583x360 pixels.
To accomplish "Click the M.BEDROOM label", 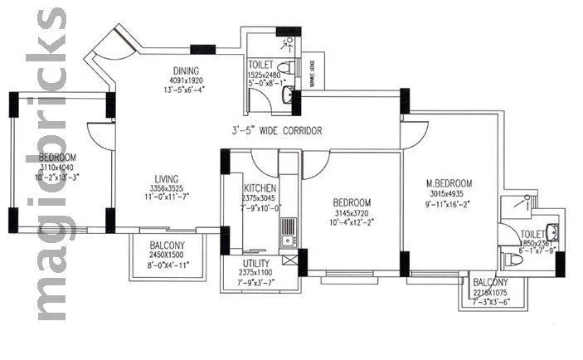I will click(x=449, y=183).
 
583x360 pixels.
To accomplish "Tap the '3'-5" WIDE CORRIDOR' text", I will click(x=276, y=131).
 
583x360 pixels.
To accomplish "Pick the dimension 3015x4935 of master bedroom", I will click(x=449, y=193).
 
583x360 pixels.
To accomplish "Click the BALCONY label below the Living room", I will click(x=172, y=246).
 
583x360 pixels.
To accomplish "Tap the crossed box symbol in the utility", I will click(x=289, y=260).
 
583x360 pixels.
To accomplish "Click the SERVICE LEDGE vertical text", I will click(x=312, y=74).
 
